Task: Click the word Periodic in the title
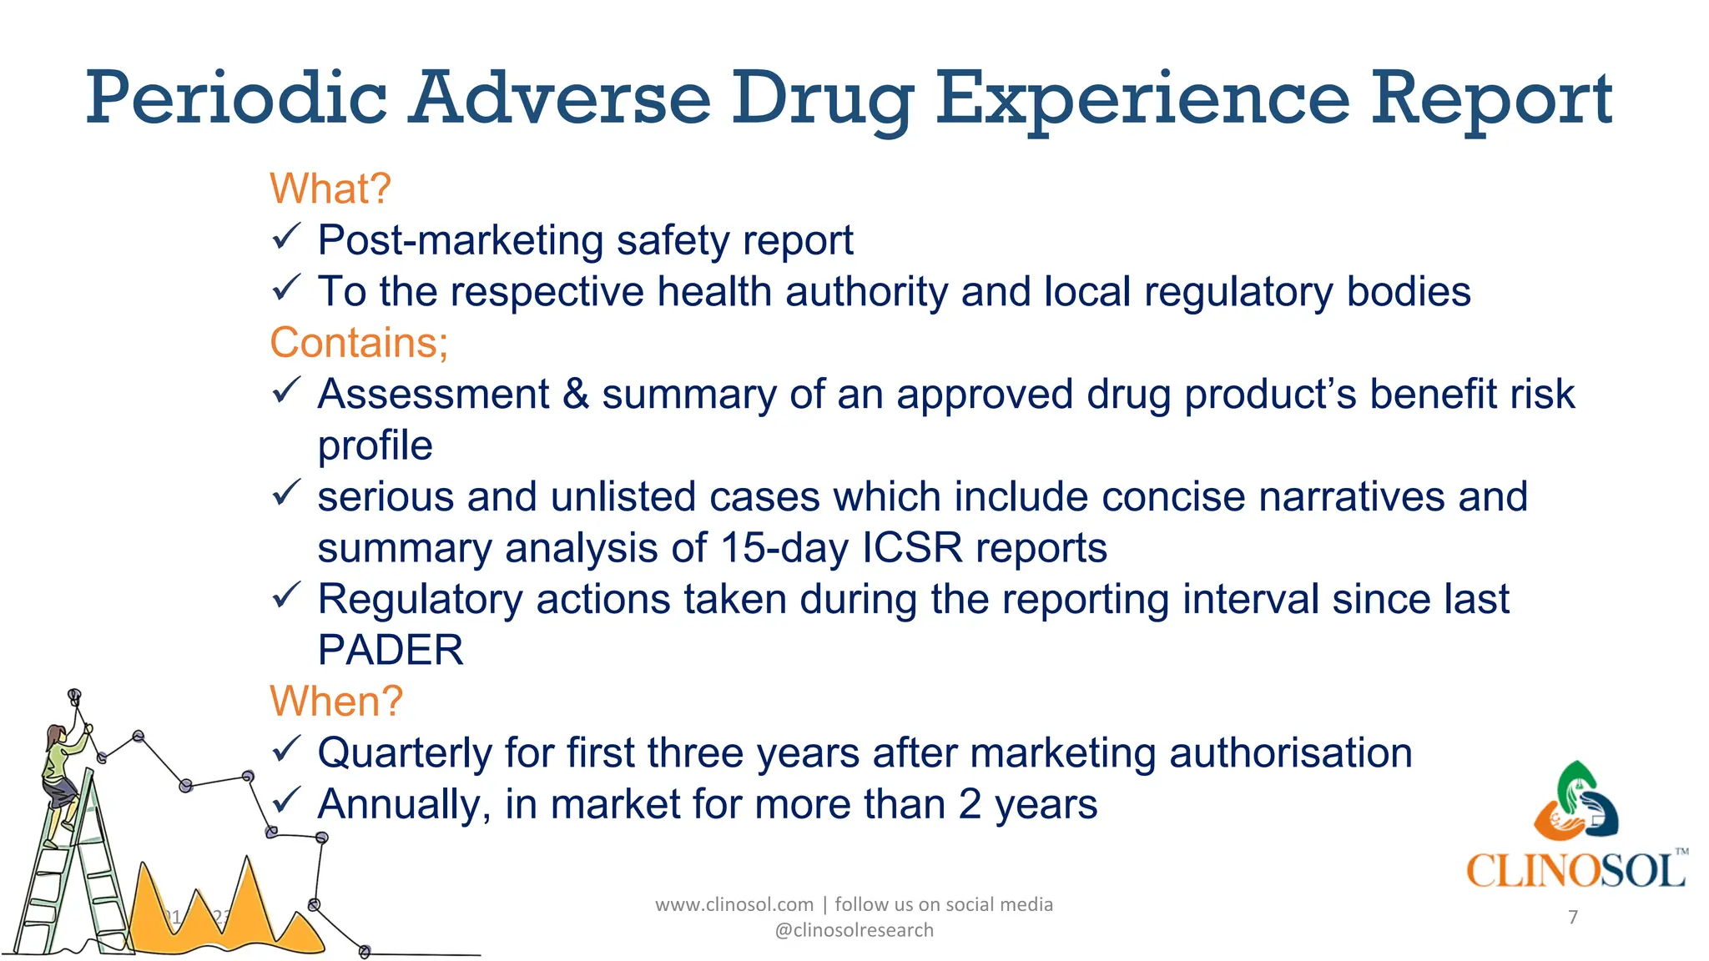click(x=236, y=100)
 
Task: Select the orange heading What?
click(x=330, y=189)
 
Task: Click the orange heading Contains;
click(x=359, y=343)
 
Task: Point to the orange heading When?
click(x=336, y=702)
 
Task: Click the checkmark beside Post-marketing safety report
click(x=285, y=239)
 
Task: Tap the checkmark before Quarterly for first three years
click(x=285, y=751)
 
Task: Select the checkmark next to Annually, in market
click(x=285, y=803)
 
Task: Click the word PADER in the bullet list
click(x=391, y=651)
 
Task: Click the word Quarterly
click(x=405, y=753)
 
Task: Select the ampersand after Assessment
click(x=576, y=395)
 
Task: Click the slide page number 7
click(x=1573, y=918)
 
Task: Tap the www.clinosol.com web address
click(x=734, y=904)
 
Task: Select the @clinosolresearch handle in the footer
click(x=854, y=930)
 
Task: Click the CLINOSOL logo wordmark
click(x=1575, y=872)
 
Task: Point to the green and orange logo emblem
click(x=1575, y=801)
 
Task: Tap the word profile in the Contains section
click(x=376, y=445)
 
